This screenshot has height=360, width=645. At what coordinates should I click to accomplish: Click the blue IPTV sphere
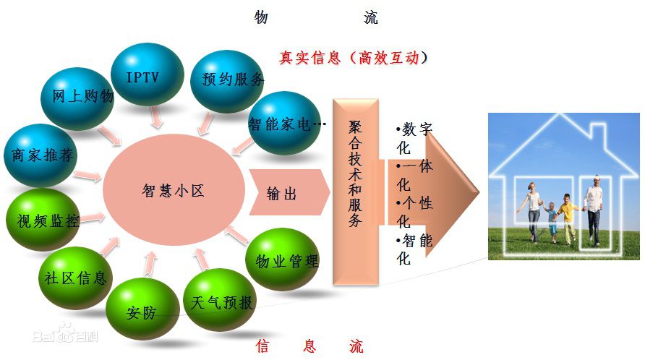[x=147, y=74]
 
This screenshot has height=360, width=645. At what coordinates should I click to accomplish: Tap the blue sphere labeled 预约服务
[x=226, y=81]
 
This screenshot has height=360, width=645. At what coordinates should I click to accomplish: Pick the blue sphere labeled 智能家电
[x=284, y=123]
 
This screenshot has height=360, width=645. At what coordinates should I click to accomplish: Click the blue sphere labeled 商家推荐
[x=40, y=155]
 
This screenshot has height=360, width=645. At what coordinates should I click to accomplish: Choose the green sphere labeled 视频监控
[x=43, y=220]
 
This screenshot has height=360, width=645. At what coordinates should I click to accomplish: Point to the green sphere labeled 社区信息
[x=75, y=278]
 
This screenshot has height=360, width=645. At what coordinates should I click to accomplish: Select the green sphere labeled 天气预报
[x=219, y=299]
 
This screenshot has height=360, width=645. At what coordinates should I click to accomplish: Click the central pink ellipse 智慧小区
[x=174, y=190]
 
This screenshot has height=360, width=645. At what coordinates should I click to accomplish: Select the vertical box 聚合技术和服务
[x=356, y=192]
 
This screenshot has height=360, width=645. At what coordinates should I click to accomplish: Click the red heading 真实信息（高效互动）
[x=354, y=58]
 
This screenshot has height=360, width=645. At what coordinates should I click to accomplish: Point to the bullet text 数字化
[x=414, y=138]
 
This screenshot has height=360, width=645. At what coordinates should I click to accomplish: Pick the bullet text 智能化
[x=414, y=249]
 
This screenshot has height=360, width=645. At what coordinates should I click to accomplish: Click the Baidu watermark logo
[x=65, y=333]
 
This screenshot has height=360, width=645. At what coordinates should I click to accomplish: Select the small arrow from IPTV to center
[x=156, y=118]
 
